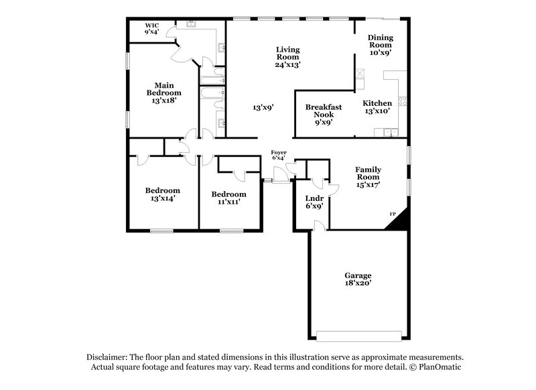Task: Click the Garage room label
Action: click(x=358, y=275)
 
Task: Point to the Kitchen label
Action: click(x=377, y=103)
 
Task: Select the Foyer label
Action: click(x=279, y=152)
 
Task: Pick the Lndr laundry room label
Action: click(x=314, y=198)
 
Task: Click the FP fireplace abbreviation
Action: click(x=393, y=214)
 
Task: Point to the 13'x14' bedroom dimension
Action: click(x=162, y=199)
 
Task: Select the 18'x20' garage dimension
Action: click(x=358, y=283)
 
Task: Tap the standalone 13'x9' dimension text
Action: click(x=263, y=107)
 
